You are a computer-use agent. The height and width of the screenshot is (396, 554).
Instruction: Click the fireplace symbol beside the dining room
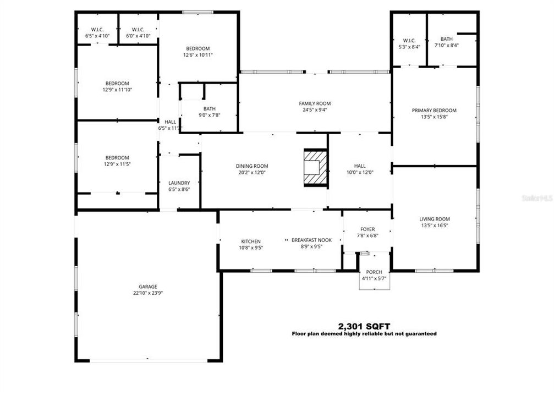pos(316,167)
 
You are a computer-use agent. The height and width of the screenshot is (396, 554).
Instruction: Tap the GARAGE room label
pos(148,287)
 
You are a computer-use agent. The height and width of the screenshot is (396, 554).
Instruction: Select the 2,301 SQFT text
pos(364,326)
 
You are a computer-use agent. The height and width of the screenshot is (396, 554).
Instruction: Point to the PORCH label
pos(374,272)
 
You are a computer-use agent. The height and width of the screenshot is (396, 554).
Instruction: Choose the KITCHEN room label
pos(251,241)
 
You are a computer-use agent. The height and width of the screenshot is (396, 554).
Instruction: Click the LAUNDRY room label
pos(179,183)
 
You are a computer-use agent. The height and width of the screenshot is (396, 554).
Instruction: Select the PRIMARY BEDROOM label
pos(434,111)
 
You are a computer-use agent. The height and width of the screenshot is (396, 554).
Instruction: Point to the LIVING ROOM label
pos(435,219)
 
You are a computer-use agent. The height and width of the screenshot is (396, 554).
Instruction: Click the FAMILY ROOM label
pos(315,103)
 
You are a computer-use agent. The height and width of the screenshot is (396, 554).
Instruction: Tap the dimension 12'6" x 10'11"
pos(198,55)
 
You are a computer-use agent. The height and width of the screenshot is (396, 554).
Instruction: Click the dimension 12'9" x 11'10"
pos(117,90)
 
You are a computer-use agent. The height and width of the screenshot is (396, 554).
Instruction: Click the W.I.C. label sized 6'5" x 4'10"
pos(97,30)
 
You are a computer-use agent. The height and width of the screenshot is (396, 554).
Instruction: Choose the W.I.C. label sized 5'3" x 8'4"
pos(409,40)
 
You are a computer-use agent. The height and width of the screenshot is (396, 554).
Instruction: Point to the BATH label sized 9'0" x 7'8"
pos(209,109)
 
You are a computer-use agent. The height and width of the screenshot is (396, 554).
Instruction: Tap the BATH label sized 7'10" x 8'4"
pos(447,39)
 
